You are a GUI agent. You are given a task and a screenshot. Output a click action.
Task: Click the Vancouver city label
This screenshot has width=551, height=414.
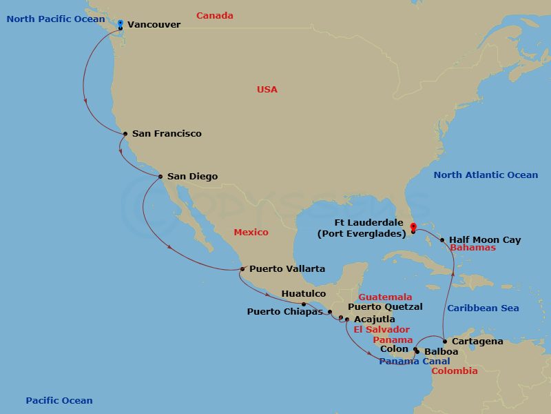[x=154, y=25]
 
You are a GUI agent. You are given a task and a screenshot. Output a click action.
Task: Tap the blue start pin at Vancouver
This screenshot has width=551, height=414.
[x=121, y=24]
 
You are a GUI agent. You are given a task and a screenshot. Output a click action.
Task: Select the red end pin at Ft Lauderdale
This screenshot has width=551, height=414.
[x=413, y=227]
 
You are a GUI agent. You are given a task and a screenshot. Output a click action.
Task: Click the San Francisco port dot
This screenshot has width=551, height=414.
[x=125, y=134]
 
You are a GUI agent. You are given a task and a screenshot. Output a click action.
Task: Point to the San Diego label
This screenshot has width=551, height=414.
[x=192, y=177]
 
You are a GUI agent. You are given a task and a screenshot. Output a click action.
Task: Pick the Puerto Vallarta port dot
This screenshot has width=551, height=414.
[x=242, y=269]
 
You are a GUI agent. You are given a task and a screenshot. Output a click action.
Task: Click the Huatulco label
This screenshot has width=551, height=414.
[x=304, y=294]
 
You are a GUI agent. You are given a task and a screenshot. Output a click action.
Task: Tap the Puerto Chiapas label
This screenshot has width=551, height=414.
[x=284, y=312]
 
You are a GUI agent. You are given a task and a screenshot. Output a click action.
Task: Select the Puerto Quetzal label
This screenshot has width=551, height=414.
[x=385, y=307]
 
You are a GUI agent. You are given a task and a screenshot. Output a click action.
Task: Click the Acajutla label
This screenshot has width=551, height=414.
[x=375, y=319]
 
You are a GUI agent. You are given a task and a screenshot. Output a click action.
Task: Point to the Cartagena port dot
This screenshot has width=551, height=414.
[x=446, y=342]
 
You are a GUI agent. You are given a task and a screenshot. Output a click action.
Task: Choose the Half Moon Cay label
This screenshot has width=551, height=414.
[x=485, y=240]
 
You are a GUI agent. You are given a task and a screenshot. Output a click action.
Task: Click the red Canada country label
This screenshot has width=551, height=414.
[x=215, y=16]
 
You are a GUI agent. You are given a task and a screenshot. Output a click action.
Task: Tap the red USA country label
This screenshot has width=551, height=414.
[x=267, y=90]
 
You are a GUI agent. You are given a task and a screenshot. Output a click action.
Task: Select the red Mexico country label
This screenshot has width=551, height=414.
[x=251, y=233]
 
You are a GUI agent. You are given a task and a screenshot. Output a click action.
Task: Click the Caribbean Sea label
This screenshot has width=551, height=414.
[x=482, y=308]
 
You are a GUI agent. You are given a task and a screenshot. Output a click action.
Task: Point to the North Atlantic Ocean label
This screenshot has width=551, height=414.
[x=486, y=175]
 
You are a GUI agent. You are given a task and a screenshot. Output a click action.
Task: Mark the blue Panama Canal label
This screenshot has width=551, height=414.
[x=415, y=362]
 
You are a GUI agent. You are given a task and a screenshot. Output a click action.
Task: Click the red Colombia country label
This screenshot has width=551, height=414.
[x=455, y=371]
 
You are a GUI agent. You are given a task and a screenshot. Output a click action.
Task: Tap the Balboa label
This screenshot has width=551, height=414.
[x=441, y=352]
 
